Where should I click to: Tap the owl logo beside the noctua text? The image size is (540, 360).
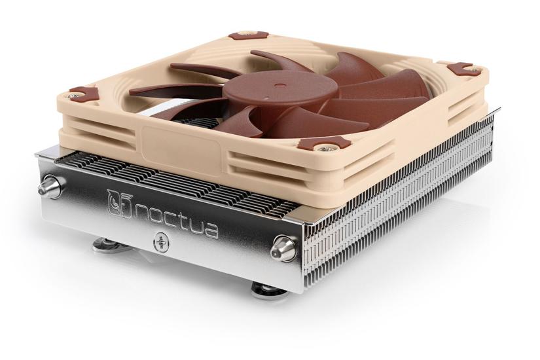(x=117, y=200)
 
